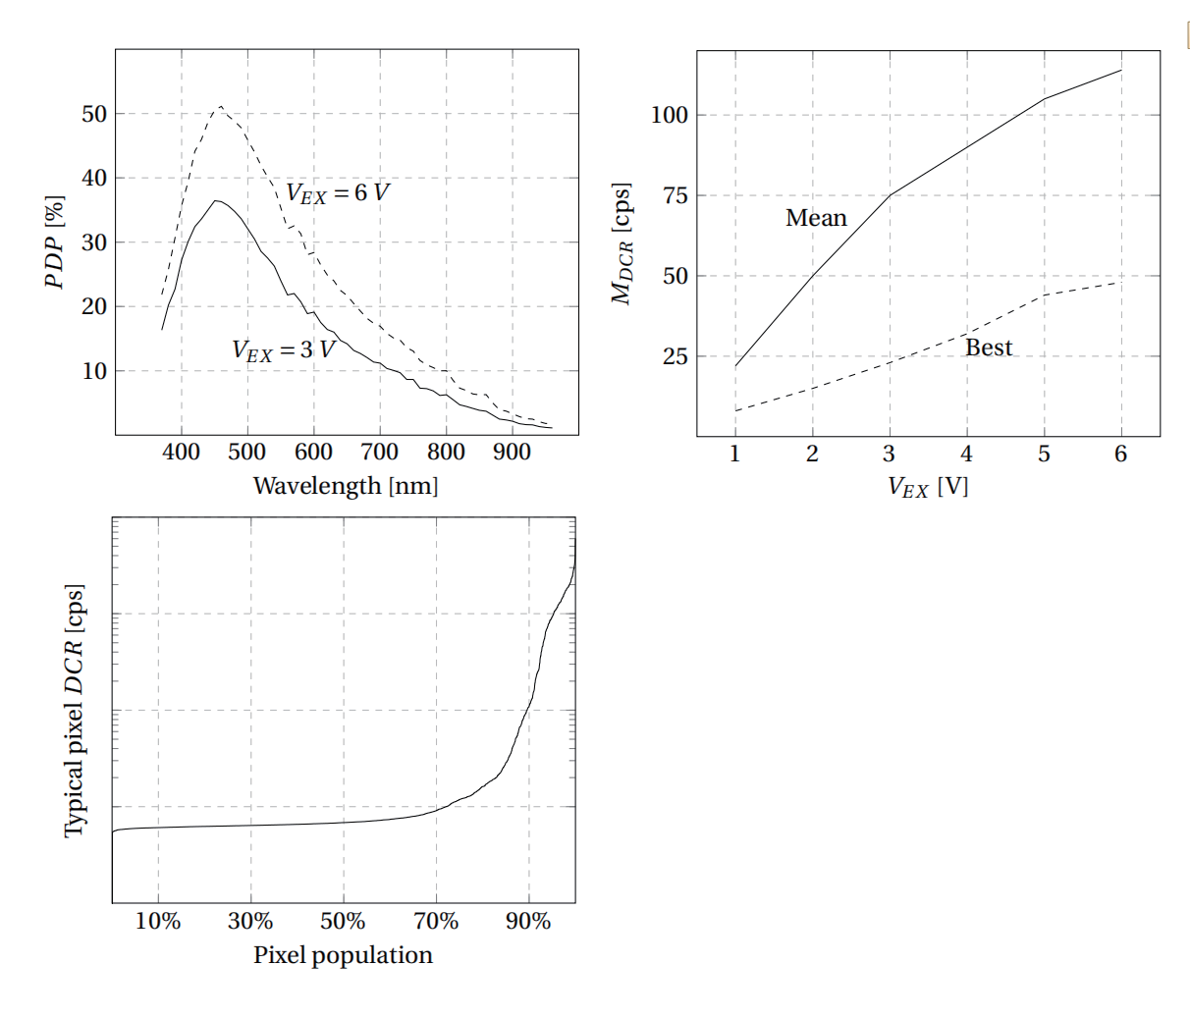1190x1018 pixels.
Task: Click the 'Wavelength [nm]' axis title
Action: tap(346, 486)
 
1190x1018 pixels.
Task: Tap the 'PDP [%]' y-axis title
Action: tap(55, 242)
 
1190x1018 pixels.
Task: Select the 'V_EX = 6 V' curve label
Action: tap(337, 192)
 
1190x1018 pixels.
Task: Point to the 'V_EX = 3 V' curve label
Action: tap(283, 349)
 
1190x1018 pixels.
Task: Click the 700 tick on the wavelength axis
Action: tap(379, 452)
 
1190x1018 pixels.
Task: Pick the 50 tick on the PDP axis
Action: tap(94, 114)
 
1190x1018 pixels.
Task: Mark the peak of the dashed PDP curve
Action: tap(221, 106)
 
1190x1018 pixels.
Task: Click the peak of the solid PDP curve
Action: tap(216, 200)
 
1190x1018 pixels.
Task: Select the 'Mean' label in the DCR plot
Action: tap(816, 218)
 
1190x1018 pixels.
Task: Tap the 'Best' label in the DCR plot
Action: tap(988, 348)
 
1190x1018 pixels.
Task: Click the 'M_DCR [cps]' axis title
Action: tap(622, 243)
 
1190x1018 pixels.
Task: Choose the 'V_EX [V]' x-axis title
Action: tap(928, 487)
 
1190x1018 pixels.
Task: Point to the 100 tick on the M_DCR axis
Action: tap(670, 115)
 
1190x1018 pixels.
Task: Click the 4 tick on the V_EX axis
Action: tap(966, 454)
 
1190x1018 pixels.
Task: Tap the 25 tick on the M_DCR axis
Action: tap(676, 356)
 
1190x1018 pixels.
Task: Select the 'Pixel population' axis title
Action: tap(343, 955)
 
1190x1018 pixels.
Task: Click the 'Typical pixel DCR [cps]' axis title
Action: tap(75, 711)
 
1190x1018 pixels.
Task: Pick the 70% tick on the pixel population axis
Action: tap(436, 921)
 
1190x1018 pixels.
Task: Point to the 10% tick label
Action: tap(158, 921)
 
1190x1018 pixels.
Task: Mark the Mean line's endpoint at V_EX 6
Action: tap(1120, 70)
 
